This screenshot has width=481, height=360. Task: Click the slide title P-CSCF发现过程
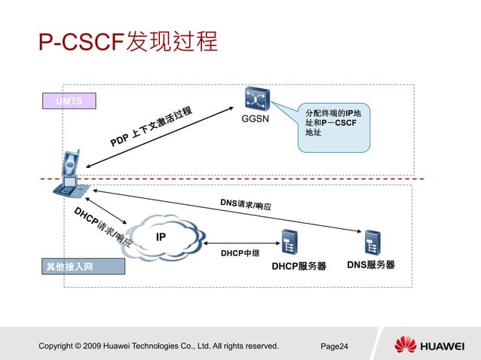point(128,41)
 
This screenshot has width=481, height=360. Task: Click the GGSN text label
point(255,119)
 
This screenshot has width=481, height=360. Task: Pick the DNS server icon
point(372,242)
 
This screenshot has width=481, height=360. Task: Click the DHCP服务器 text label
point(299,266)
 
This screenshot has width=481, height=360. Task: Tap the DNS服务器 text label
point(370,265)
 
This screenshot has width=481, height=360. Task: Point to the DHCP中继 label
point(240,254)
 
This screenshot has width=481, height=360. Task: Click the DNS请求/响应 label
point(246,205)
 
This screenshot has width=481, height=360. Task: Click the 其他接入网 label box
point(72,266)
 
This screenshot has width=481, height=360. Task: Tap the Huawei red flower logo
point(406,346)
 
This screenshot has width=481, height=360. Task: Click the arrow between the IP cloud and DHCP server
point(240,243)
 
